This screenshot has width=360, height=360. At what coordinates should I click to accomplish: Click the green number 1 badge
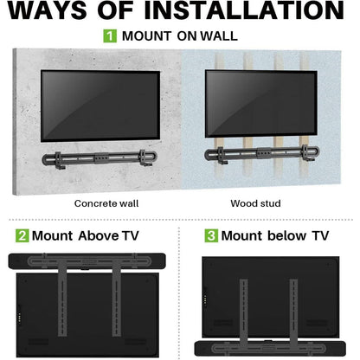110,36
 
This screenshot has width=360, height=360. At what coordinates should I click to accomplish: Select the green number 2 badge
22,235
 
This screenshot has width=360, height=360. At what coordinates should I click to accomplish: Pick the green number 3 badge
209,235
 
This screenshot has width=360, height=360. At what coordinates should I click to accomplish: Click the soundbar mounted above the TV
91,261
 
